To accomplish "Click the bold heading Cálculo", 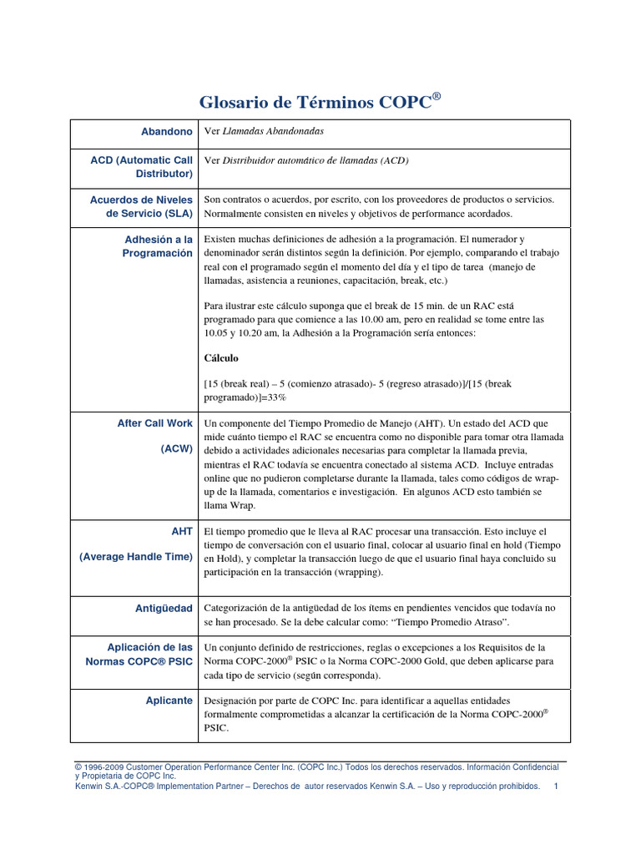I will tap(221, 357).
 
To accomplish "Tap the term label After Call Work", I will tap(155, 423).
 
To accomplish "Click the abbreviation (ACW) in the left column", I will tap(177, 448).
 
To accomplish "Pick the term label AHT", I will tap(181, 531).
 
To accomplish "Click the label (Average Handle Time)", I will tap(136, 556).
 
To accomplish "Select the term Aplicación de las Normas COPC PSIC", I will tap(139, 655).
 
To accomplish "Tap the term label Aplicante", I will tap(169, 700).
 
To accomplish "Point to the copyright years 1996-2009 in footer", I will tap(103, 766).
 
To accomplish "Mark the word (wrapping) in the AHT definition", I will tap(350, 573).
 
